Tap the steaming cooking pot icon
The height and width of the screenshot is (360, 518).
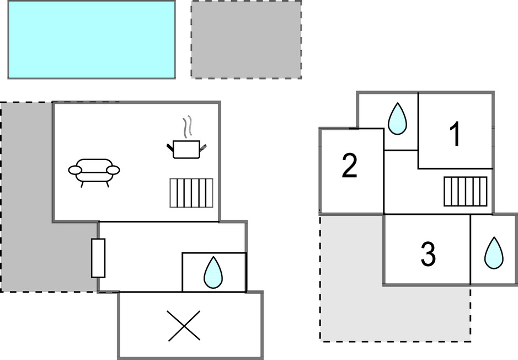click(186, 148)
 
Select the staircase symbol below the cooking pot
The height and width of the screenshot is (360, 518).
click(191, 193)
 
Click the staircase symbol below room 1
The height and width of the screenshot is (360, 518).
click(466, 191)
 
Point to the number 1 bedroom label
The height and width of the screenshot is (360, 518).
click(455, 135)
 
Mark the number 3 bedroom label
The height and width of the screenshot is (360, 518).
click(428, 253)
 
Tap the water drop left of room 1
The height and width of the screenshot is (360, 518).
click(397, 119)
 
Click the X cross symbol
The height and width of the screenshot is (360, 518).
click(184, 325)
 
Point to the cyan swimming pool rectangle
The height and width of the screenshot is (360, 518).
click(92, 39)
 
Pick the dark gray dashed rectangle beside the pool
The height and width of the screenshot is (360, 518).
click(246, 39)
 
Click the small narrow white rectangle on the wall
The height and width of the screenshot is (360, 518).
click(98, 258)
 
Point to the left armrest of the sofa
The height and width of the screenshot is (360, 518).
click(75, 170)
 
